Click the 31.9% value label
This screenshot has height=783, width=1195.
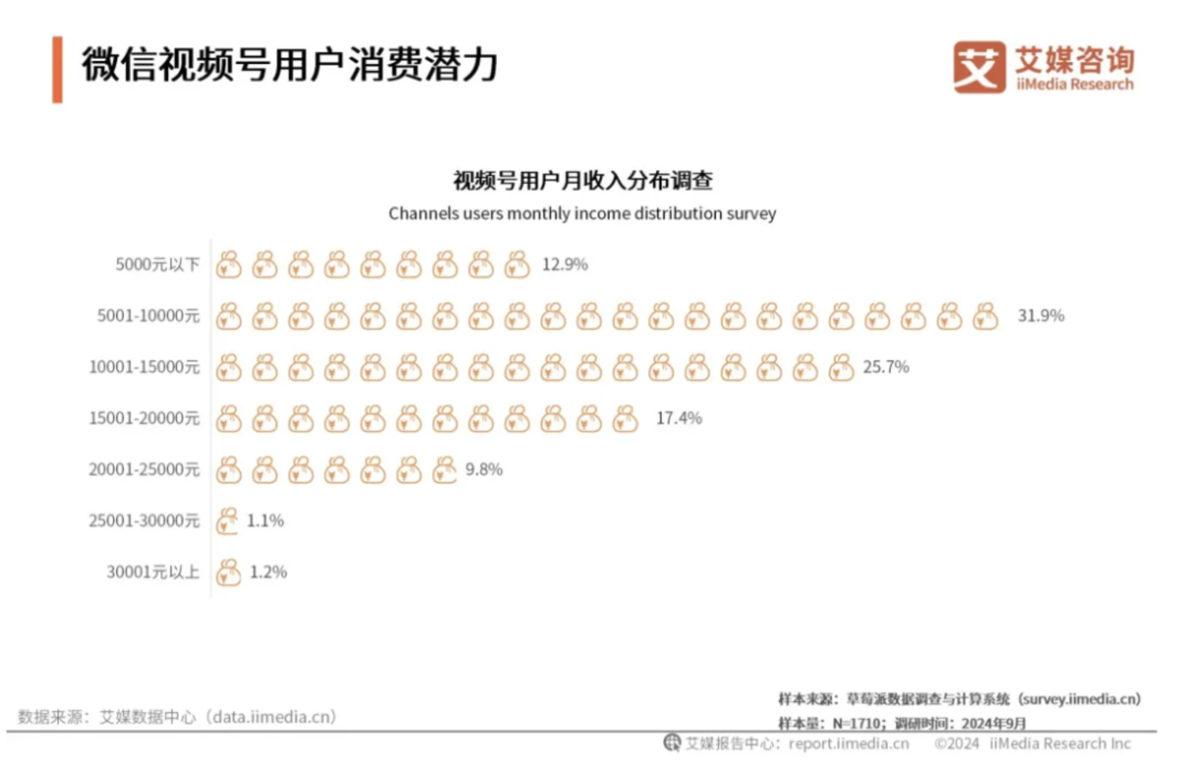point(1040,316)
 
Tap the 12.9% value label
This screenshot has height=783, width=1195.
point(565,265)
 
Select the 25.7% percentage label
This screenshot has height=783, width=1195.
point(886,368)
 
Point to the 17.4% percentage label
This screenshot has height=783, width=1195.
point(678,419)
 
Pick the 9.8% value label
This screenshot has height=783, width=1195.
point(483,470)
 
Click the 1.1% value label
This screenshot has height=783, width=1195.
point(265,521)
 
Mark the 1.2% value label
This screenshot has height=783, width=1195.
point(268,573)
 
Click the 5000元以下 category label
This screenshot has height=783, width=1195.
point(157,265)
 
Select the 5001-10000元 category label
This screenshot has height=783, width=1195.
point(148,316)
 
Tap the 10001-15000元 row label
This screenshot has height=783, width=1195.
point(144,368)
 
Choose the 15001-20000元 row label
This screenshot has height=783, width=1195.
point(144,419)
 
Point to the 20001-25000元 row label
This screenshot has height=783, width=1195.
point(144,470)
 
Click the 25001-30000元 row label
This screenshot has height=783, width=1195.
point(144,521)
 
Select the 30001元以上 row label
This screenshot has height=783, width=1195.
point(152,573)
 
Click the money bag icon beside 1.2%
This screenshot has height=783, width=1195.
point(228,573)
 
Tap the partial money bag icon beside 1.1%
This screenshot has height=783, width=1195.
point(226,521)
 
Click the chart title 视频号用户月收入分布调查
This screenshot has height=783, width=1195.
point(583,181)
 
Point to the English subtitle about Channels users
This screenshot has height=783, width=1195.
point(582,214)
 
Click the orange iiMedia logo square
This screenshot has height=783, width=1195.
point(979,67)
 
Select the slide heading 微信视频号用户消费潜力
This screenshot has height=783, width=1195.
point(290,66)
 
